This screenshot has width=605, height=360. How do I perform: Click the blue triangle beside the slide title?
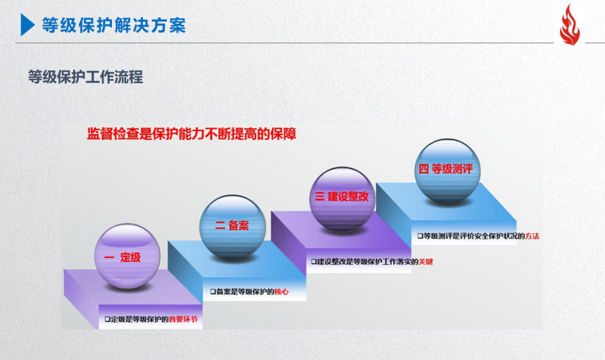pos(27,25)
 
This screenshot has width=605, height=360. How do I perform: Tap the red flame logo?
pos(569,25)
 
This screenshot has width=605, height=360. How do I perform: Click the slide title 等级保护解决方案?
pos(114,26)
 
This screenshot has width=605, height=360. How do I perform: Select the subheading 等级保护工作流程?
pos(85,77)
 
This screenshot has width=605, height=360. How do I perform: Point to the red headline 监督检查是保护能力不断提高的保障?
pos(192,134)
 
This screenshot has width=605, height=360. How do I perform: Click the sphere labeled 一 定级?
pos(127,256)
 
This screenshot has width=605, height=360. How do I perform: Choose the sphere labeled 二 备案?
pos(233,227)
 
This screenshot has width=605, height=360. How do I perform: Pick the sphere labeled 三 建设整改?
pos(343,199)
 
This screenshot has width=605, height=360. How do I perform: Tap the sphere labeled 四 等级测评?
pos(448,171)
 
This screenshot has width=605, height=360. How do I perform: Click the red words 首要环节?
pos(183,319)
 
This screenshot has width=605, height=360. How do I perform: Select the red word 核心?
pos(281,292)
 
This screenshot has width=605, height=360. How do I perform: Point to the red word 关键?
pos(426,262)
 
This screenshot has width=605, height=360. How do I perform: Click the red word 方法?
pos(532,236)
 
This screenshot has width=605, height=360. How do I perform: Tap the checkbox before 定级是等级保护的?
pos(107,319)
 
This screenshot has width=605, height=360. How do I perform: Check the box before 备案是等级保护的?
pos(213,292)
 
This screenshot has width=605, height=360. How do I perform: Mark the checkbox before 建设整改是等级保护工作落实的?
pos(314,262)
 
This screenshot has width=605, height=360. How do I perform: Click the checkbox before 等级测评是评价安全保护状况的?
pos(420,236)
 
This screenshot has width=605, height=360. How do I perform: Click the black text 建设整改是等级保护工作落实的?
pos(368,262)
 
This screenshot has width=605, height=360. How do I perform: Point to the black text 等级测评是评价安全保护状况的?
pos(474,236)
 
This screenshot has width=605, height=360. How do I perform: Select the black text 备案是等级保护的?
pos(245,292)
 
